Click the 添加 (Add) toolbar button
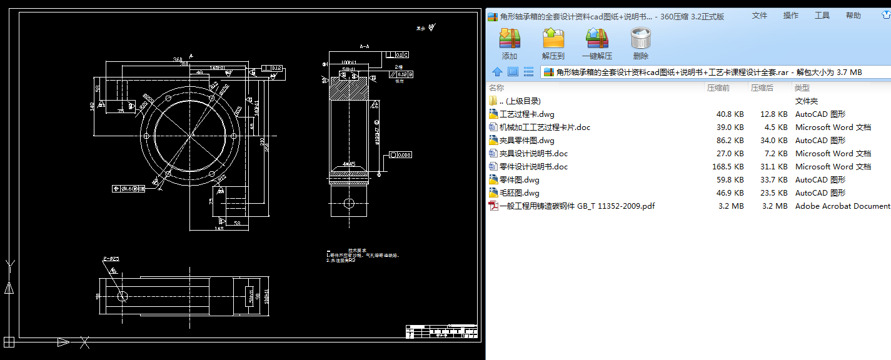tap(510, 44)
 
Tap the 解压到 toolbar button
tap(553, 44)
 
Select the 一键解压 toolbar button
tap(597, 44)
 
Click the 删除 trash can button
tap(641, 44)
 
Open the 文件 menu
tap(759, 16)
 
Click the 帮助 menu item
tap(853, 16)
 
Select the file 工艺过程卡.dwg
tap(526, 114)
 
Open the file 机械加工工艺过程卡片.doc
tap(544, 127)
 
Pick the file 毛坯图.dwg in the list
tap(519, 193)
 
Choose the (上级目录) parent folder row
tap(520, 101)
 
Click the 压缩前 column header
tap(718, 88)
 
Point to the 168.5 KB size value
tap(730, 167)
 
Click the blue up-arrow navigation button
tap(497, 72)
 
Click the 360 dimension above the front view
tap(178, 60)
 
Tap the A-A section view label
tap(364, 46)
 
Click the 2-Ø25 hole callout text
tap(111, 258)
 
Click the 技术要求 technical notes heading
tap(356, 250)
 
